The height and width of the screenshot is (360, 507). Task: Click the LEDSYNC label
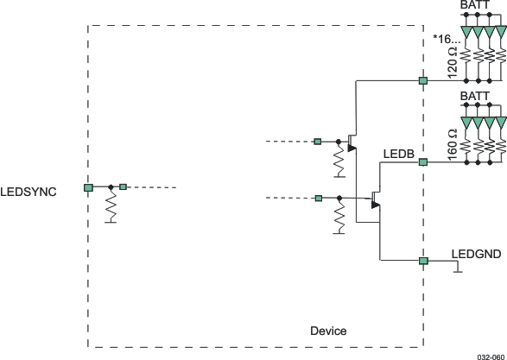29,192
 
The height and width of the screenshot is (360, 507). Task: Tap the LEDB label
399,155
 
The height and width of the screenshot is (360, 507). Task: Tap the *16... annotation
446,39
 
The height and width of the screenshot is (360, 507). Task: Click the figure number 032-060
489,354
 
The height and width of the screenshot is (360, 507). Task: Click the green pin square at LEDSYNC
88,187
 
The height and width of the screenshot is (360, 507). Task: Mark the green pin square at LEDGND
423,261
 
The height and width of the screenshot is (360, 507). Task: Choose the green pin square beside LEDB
423,161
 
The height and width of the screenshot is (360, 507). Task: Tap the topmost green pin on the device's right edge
423,80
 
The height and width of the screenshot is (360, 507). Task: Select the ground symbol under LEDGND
459,269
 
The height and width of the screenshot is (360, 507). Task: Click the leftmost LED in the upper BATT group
467,34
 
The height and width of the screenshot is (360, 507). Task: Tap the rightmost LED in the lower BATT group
501,123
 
